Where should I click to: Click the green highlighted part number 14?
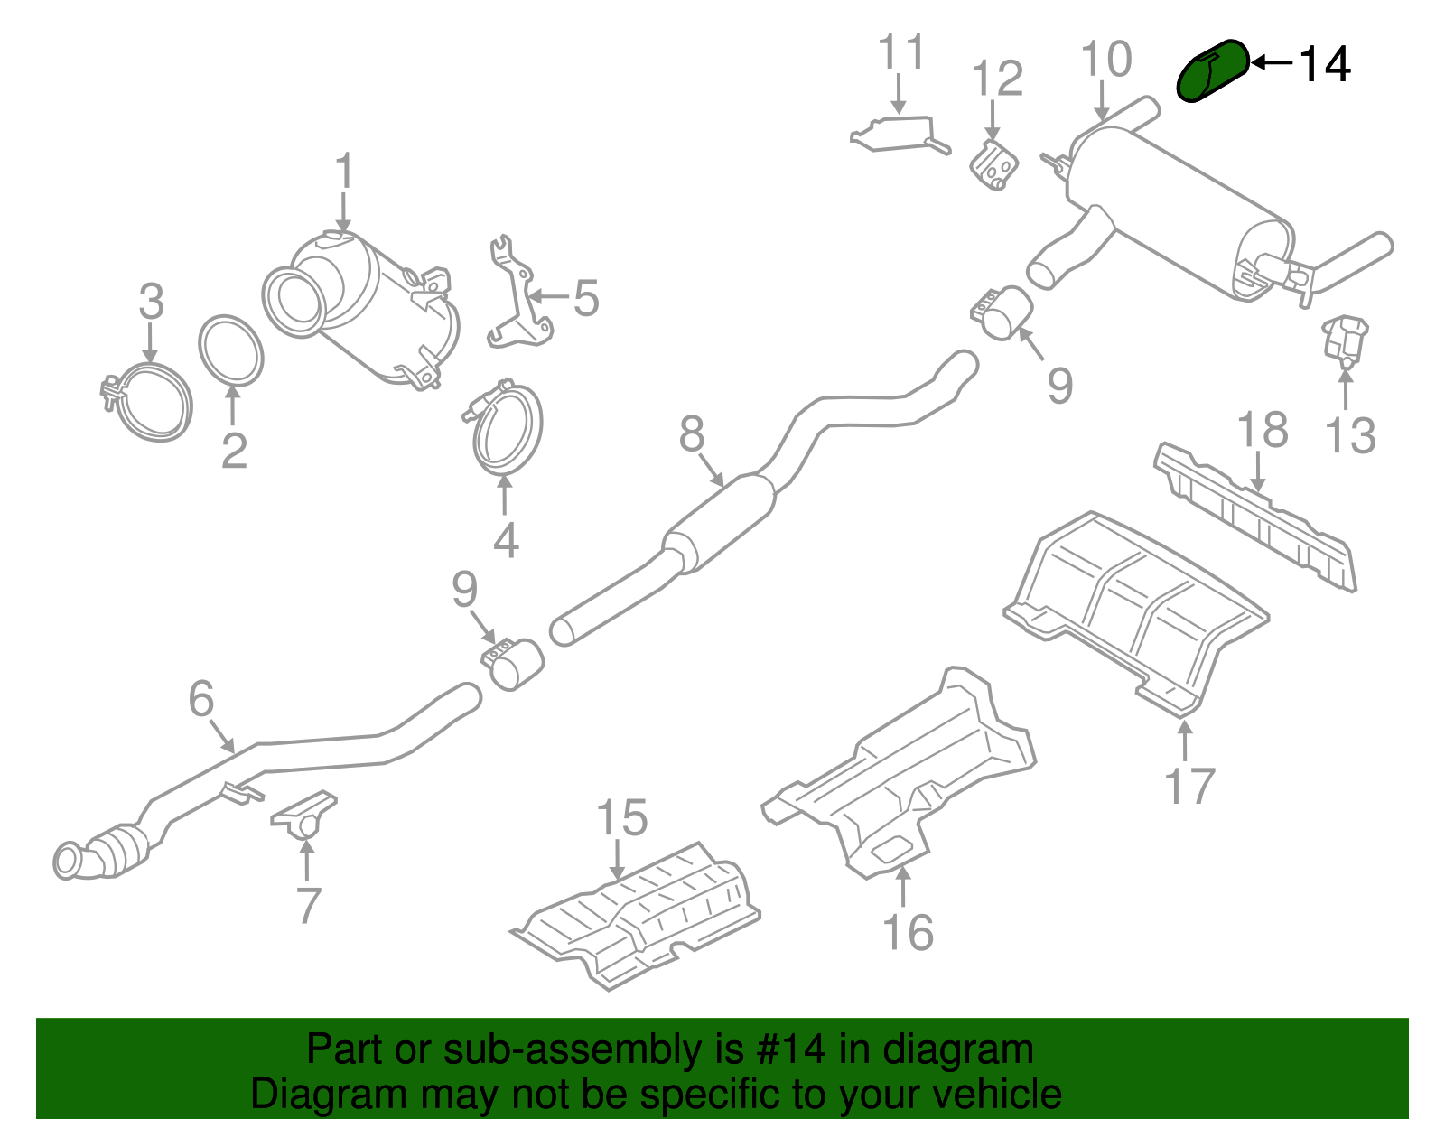pos(1213,71)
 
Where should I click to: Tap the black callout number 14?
pos(1324,65)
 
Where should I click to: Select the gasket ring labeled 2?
pos(231,350)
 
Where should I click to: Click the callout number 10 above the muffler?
pos(1105,61)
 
